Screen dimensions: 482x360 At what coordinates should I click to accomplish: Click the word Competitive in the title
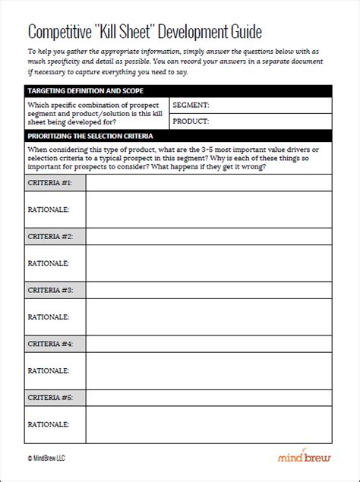click(x=60, y=32)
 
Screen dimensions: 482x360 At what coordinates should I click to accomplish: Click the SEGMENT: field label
click(x=191, y=106)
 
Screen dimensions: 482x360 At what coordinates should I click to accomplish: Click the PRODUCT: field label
click(x=191, y=121)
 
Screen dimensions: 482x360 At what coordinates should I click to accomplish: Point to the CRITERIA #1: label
click(x=50, y=183)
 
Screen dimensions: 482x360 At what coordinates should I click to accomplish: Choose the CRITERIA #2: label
click(x=50, y=237)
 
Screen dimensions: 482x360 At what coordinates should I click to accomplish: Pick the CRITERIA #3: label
click(x=50, y=290)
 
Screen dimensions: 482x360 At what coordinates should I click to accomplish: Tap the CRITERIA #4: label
click(x=50, y=344)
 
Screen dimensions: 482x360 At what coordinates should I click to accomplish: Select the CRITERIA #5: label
click(x=50, y=397)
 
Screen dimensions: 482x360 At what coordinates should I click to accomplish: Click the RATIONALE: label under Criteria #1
click(x=48, y=209)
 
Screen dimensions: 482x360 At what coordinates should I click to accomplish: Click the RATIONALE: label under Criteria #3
click(x=48, y=317)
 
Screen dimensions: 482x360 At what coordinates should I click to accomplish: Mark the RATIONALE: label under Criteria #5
click(x=48, y=424)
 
